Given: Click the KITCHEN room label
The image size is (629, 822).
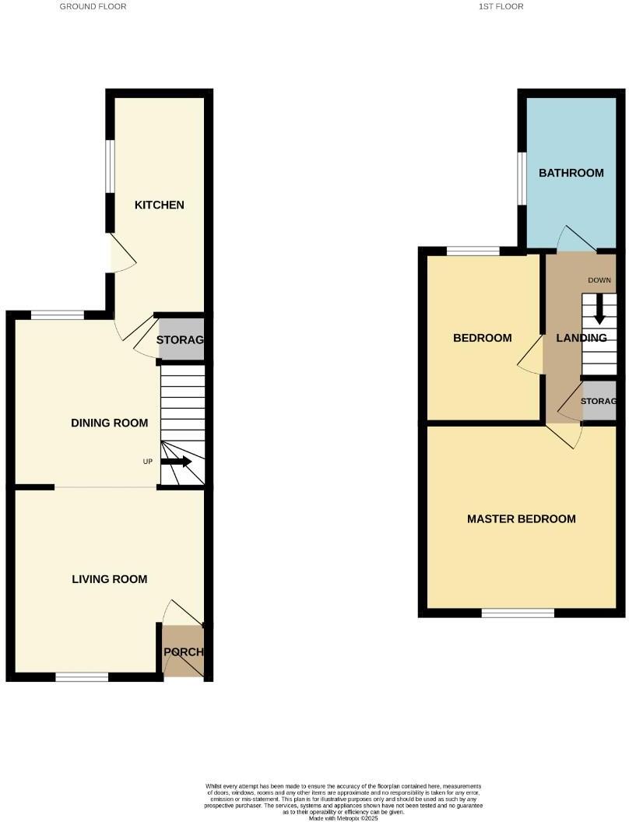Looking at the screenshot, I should (x=160, y=205).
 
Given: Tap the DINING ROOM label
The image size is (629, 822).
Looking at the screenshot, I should (x=109, y=423).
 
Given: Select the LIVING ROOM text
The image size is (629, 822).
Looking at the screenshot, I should (x=109, y=579).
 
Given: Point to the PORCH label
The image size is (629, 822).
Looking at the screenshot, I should (x=183, y=652).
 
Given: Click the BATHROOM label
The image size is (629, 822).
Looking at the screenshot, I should (x=571, y=173).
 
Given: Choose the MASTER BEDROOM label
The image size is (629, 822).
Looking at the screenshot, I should (x=522, y=519).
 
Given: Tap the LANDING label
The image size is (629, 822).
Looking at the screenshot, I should (x=581, y=338).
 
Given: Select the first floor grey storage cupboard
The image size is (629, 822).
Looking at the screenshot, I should (x=599, y=402).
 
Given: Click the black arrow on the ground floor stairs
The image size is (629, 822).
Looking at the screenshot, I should (x=177, y=462).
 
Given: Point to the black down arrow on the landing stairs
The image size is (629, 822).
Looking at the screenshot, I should (x=599, y=311).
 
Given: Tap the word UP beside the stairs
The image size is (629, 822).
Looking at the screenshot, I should (x=147, y=462).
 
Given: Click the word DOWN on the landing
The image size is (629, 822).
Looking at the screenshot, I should (x=599, y=280).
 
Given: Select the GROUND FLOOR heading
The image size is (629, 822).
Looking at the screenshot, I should (x=93, y=6).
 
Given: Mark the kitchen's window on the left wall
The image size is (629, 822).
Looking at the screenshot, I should (x=111, y=165).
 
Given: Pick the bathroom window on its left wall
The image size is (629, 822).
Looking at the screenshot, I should (x=522, y=177).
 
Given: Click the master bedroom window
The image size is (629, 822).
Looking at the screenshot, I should (x=518, y=613).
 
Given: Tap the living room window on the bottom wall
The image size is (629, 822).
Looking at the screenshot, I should (x=82, y=677).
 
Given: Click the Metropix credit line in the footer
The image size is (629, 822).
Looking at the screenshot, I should (x=343, y=818).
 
